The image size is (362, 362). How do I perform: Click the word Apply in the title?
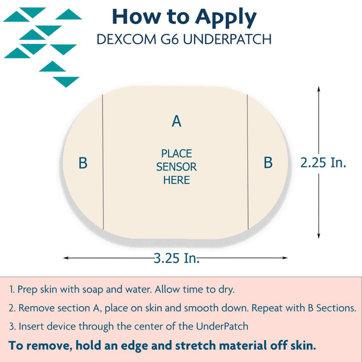226,18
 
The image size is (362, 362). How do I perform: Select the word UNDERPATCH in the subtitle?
227,39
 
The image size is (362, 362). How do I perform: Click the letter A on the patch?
176,121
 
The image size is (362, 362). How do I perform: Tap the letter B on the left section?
83,163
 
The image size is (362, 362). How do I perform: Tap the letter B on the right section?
268,162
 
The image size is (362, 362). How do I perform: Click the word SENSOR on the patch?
176,167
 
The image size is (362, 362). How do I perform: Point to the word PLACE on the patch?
176,153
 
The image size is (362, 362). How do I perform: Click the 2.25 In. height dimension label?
323,162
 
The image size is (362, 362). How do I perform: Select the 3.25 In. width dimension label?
176,258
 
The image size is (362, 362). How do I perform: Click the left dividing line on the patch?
103,162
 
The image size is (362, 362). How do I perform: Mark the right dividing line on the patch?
248,162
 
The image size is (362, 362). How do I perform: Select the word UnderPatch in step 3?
222,326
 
